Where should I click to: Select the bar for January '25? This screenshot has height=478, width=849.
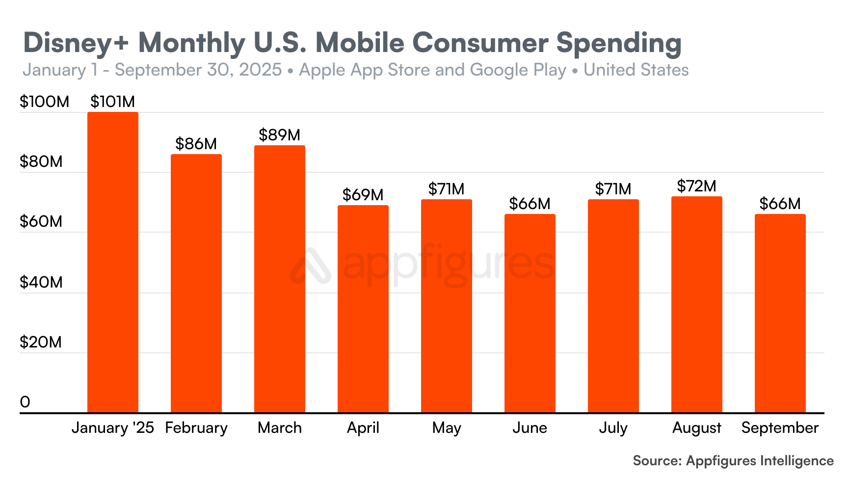(x=112, y=263)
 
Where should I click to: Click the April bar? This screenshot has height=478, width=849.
(x=363, y=309)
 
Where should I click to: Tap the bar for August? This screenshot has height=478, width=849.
(x=696, y=304)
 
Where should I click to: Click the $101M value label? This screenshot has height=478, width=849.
(x=112, y=102)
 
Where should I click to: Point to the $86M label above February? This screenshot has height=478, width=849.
(x=196, y=144)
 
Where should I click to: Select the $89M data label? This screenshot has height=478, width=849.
(x=279, y=135)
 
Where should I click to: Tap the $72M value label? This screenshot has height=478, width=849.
(x=696, y=186)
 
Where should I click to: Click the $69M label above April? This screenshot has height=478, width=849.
(x=363, y=195)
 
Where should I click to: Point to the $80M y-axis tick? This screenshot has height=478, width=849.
(x=41, y=161)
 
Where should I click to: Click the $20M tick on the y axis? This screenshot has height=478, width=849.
(x=41, y=342)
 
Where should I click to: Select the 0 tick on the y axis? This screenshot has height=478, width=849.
(x=25, y=402)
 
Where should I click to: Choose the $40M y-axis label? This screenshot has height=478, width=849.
(x=41, y=282)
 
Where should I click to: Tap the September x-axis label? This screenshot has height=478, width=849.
(x=780, y=428)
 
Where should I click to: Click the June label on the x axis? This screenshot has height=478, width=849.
(x=530, y=428)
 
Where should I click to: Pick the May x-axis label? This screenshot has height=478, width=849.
(x=446, y=428)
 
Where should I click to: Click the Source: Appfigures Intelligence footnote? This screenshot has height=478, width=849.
(x=733, y=461)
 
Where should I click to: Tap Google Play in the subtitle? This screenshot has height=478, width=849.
(x=518, y=70)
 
